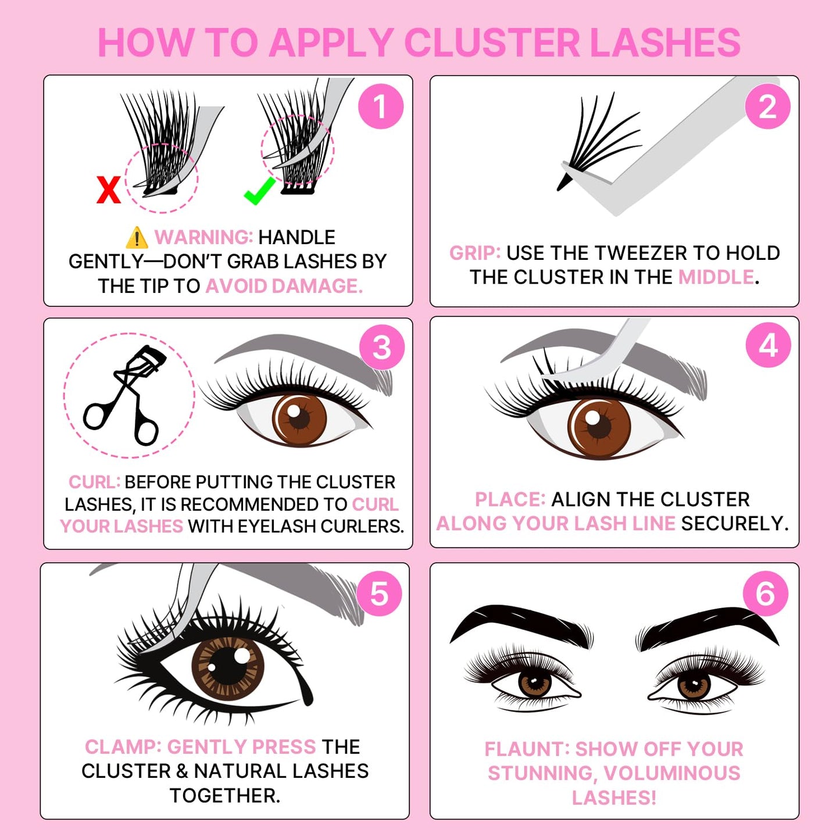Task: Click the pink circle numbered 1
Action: pyautogui.click(x=381, y=106)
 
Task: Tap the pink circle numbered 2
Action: pyautogui.click(x=767, y=106)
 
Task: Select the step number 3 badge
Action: pyautogui.click(x=382, y=347)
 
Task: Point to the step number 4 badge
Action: pyautogui.click(x=768, y=345)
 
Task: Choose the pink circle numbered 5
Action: pyautogui.click(x=379, y=594)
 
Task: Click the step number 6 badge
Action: pyautogui.click(x=766, y=594)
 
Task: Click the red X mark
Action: pyautogui.click(x=109, y=190)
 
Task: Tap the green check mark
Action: pyautogui.click(x=259, y=191)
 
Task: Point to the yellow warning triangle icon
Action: pyautogui.click(x=137, y=237)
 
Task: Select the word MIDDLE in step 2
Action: pyautogui.click(x=716, y=277)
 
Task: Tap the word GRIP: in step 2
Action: pyautogui.click(x=474, y=253)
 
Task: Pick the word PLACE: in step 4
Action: pyautogui.click(x=510, y=499)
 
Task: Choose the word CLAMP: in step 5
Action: pyautogui.click(x=123, y=746)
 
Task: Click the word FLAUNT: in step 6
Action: pyautogui.click(x=527, y=749)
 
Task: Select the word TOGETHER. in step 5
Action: pyautogui.click(x=225, y=795)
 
